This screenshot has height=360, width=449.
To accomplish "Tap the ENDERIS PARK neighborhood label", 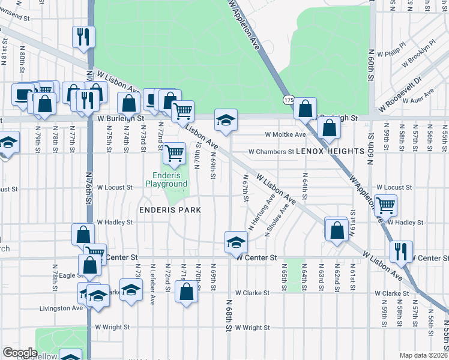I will (170, 210).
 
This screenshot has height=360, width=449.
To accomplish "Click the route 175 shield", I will (289, 100).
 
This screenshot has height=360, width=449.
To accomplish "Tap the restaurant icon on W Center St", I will (401, 251).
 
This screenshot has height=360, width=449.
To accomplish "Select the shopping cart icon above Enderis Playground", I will (174, 153).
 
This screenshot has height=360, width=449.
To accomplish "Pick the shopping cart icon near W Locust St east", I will (385, 205).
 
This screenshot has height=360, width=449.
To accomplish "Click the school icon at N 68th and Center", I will (236, 242).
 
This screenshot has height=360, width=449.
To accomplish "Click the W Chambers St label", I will (271, 152).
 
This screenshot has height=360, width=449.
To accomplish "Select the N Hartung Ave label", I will (262, 212).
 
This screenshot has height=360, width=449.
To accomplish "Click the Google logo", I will (20, 353).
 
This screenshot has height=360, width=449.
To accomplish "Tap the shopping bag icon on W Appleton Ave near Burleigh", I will (305, 109).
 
